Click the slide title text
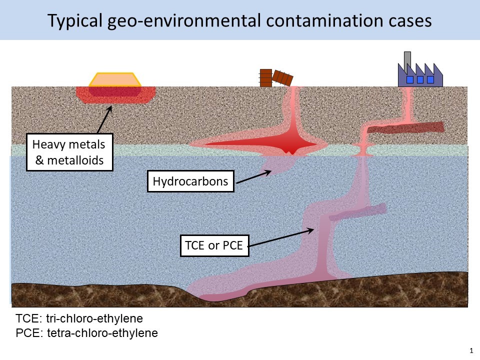[x=239, y=20]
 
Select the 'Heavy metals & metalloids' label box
[x=69, y=153]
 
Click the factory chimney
[x=407, y=58]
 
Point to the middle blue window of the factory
[x=420, y=79]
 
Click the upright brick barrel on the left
[x=265, y=77]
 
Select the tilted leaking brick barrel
[x=284, y=78]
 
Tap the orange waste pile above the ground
[x=114, y=79]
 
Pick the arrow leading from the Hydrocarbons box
[x=253, y=177]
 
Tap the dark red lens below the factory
[x=405, y=128]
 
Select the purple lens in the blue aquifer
[x=357, y=212]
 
